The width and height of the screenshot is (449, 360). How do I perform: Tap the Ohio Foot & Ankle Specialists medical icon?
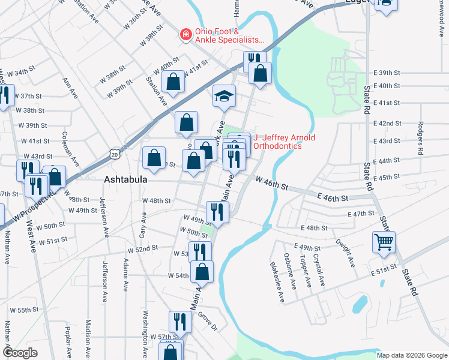click(185, 35)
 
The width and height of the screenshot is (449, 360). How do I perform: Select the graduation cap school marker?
click(224, 96)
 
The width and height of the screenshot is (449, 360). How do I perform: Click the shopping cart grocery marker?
click(384, 242)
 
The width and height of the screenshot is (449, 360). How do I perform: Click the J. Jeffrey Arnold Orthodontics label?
click(284, 142)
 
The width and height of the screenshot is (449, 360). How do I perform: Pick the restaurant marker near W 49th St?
click(217, 211)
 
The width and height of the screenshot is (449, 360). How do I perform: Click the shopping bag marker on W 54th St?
click(202, 272)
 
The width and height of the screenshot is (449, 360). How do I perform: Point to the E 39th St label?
click(386, 73)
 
